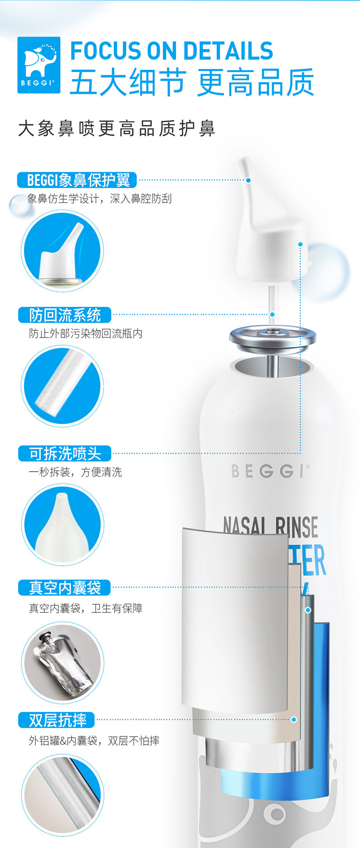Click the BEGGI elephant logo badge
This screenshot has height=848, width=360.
click(39, 65)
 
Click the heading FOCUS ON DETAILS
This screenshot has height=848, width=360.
click(172, 51)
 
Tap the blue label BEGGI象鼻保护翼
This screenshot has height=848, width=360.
click(77, 180)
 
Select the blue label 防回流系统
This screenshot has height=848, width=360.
click(65, 315)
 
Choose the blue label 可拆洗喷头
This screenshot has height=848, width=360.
click(65, 453)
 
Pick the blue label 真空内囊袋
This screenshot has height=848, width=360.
click(65, 587)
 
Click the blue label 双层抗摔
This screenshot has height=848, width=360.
click(57, 720)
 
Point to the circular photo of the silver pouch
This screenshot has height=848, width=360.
click(62, 662)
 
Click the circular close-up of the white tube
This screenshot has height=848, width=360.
click(62, 386)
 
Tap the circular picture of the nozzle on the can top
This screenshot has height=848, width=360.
click(62, 251)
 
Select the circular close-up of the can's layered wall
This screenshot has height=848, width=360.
click(62, 794)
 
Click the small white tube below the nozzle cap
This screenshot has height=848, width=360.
click(273, 301)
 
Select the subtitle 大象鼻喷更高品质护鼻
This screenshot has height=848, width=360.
click(117, 128)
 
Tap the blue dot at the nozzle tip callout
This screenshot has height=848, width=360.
click(248, 180)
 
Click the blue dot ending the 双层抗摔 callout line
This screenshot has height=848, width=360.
click(294, 720)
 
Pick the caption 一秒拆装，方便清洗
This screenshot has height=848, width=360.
click(75, 472)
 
